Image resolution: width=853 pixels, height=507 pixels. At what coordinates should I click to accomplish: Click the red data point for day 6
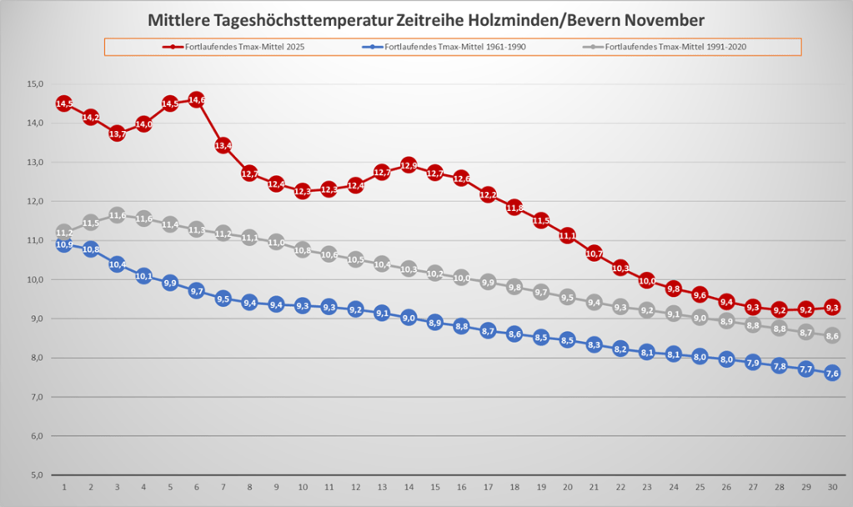pyautogui.click(x=197, y=100)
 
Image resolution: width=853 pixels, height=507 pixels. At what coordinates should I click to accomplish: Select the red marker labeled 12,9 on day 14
pyautogui.click(x=409, y=165)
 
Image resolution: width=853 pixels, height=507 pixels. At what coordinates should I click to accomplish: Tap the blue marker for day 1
pyautogui.click(x=64, y=244)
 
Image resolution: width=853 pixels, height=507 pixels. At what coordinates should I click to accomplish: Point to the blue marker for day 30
pyautogui.click(x=832, y=373)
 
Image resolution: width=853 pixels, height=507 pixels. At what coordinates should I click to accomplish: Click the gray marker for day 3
pyautogui.click(x=117, y=216)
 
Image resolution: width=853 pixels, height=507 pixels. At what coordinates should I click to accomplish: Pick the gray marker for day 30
pyautogui.click(x=832, y=335)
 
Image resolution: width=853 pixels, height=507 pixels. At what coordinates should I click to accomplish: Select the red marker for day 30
pyautogui.click(x=832, y=307)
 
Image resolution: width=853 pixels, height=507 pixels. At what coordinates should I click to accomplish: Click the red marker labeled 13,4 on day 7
pyautogui.click(x=223, y=146)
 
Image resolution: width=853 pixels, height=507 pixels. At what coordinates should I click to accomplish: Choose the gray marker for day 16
pyautogui.click(x=462, y=278)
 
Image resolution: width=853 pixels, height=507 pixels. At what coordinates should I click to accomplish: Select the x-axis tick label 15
pyautogui.click(x=435, y=486)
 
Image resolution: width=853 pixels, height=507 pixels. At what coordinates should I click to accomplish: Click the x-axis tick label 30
pyautogui.click(x=832, y=486)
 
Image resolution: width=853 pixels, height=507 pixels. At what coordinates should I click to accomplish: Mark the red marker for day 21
pyautogui.click(x=595, y=253)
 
